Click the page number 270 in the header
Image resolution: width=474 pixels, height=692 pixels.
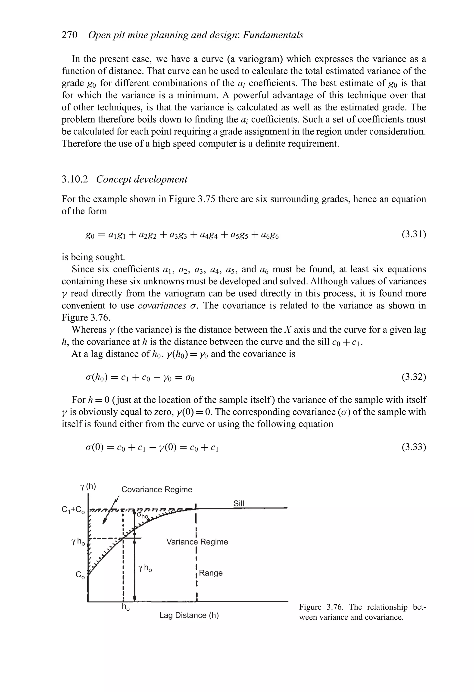69,35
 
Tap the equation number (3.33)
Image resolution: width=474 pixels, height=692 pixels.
414,447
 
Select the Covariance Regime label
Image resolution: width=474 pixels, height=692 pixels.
157,489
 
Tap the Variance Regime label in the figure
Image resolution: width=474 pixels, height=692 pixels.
197,542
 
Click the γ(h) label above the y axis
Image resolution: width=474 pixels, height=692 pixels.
88,486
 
